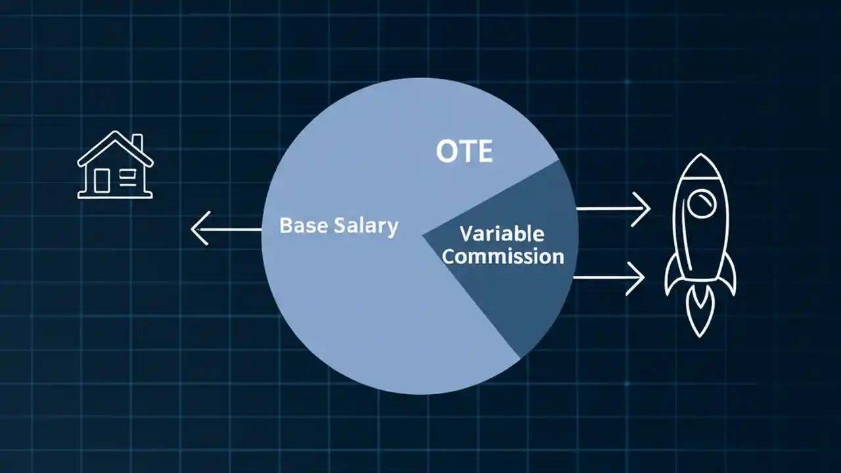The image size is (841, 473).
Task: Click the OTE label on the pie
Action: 464,152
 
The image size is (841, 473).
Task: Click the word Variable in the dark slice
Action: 501,233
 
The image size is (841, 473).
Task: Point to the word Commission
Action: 503,256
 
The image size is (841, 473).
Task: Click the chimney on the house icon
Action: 137,143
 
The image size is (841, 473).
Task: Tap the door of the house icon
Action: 102,180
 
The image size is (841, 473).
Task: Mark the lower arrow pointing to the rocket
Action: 608,277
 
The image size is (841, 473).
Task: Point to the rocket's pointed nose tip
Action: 700,157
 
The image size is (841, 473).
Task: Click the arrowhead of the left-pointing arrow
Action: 198,229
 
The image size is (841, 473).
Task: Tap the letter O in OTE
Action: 446,152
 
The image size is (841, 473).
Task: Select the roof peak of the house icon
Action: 115,134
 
